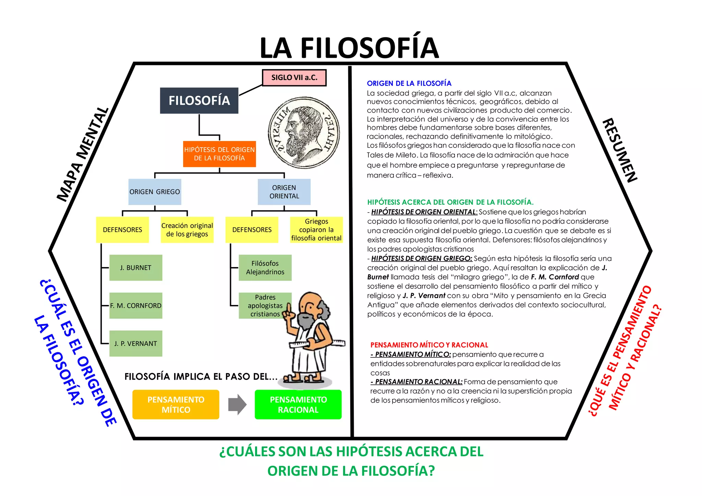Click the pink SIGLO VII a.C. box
click(x=294, y=78)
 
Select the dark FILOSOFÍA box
click(x=199, y=101)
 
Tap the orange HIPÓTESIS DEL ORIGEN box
click(x=219, y=154)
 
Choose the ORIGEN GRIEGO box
click(x=155, y=192)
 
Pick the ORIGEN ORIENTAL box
click(x=284, y=192)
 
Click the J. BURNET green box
click(x=136, y=268)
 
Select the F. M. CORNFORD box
click(x=136, y=306)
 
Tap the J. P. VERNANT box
click(x=136, y=343)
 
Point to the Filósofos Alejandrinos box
click(x=265, y=268)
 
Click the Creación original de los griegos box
click(x=187, y=230)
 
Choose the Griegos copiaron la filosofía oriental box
click(x=316, y=230)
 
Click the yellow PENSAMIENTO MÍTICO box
click(x=176, y=405)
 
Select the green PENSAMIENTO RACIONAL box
click(x=298, y=405)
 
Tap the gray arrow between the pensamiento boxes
click(x=237, y=405)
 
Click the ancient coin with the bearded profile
click(x=304, y=132)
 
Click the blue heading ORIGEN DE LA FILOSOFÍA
click(x=409, y=84)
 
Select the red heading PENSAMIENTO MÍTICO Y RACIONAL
click(x=429, y=345)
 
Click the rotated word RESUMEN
click(x=620, y=151)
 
